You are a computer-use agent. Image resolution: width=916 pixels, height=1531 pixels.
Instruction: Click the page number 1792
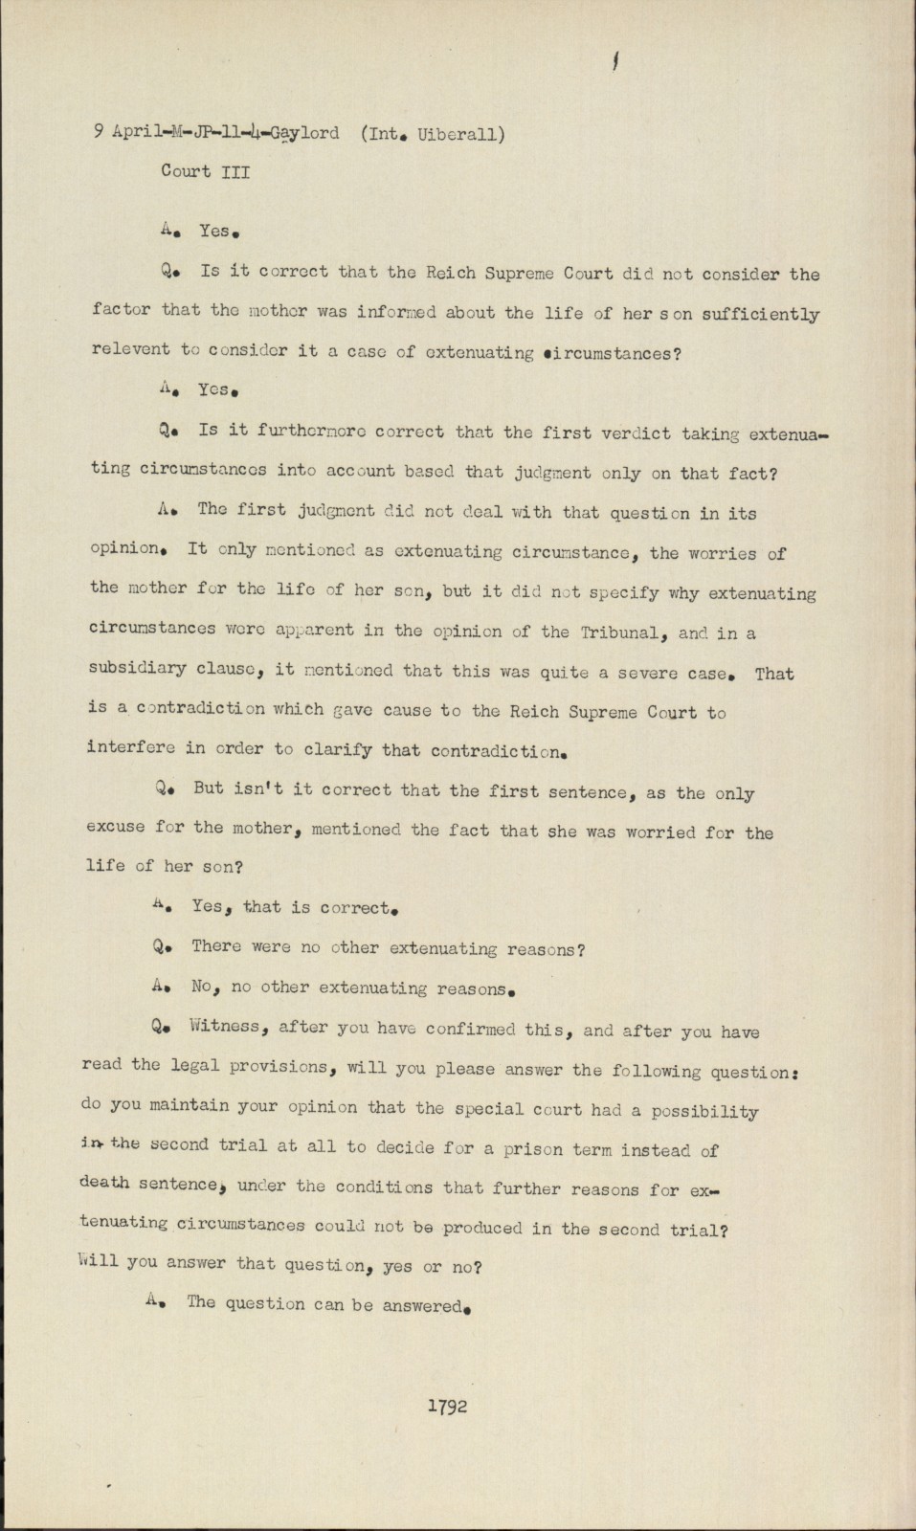[x=448, y=1406]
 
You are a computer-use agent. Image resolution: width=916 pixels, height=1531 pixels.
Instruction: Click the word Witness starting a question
[x=225, y=1027]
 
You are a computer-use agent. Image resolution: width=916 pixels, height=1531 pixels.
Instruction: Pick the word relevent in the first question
[x=129, y=349]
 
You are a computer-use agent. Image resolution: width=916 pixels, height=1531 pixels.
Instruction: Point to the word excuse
[x=116, y=827]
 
